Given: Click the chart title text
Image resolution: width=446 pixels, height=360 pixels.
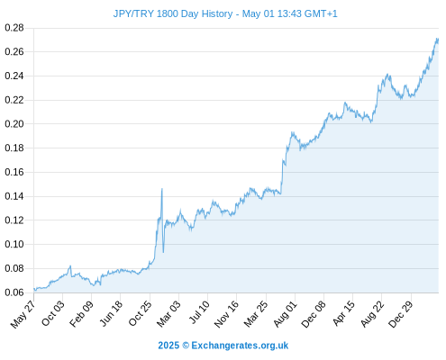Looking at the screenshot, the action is click(x=225, y=13).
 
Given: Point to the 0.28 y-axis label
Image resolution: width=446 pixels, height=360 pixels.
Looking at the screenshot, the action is click(x=14, y=28).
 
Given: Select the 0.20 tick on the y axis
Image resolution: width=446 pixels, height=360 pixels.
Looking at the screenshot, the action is click(x=14, y=124).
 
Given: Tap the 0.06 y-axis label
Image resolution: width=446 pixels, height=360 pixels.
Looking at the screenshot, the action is click(x=14, y=292).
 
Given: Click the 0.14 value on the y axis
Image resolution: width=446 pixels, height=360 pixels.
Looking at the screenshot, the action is click(x=14, y=196).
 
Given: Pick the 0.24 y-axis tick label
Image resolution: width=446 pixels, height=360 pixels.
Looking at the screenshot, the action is click(x=14, y=76).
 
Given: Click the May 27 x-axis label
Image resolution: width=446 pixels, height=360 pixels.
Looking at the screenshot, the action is click(x=23, y=314).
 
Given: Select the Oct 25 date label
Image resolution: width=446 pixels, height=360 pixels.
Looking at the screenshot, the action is click(x=141, y=313).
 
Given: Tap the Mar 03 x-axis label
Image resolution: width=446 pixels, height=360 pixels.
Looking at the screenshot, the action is click(x=169, y=313).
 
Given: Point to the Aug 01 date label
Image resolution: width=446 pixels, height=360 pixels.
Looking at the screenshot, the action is click(x=286, y=313).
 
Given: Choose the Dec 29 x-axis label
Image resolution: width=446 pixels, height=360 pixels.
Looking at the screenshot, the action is click(x=401, y=314).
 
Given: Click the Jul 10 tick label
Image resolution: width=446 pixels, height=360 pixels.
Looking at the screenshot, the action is click(x=199, y=312).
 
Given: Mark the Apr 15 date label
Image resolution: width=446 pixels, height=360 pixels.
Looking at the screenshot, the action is click(x=344, y=313).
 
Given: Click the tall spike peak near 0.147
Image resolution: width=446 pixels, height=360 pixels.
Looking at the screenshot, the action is click(x=162, y=189).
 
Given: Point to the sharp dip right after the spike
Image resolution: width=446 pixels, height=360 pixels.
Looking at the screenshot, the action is click(x=163, y=252).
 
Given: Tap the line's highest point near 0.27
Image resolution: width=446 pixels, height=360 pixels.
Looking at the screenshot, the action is click(x=437, y=39).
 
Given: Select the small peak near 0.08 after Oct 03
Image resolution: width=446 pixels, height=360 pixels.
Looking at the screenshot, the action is click(x=70, y=265).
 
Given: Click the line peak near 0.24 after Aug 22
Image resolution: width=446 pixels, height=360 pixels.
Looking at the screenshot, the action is click(x=387, y=74).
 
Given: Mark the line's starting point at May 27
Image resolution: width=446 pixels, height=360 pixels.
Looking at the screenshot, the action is click(x=34, y=289).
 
